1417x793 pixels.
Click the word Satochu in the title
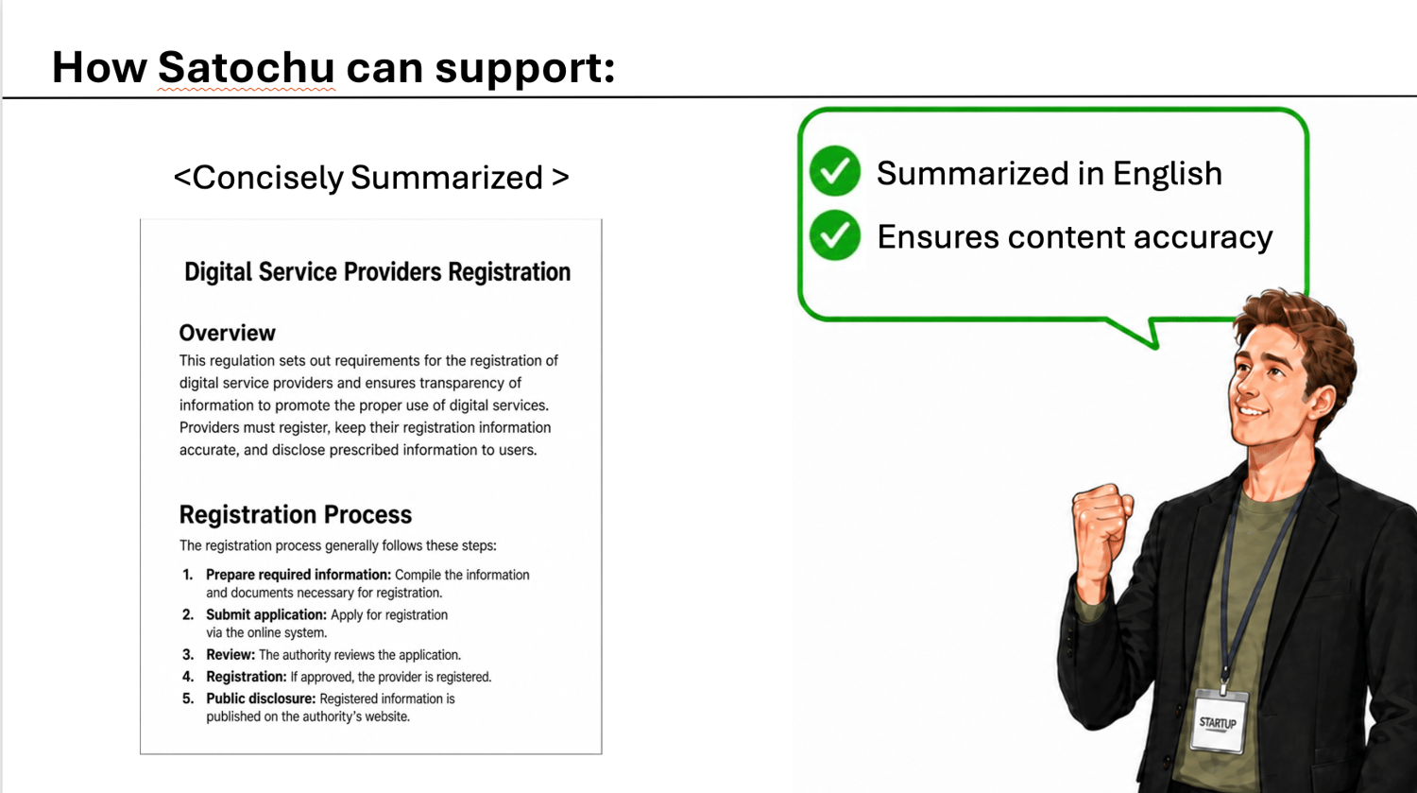[246, 67]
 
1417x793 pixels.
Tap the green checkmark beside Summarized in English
[835, 171]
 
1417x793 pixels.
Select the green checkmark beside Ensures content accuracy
[835, 235]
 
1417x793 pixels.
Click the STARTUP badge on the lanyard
[1219, 723]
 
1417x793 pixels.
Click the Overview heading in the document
[227, 333]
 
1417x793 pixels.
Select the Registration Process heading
[296, 514]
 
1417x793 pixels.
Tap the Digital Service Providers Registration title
[378, 272]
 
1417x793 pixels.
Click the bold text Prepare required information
[299, 575]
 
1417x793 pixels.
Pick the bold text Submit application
[266, 614]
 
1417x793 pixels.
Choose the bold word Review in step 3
[230, 654]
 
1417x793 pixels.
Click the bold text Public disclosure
[261, 698]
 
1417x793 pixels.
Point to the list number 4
[188, 677]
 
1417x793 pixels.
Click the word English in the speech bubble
[1167, 174]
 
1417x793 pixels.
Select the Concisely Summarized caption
[371, 178]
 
